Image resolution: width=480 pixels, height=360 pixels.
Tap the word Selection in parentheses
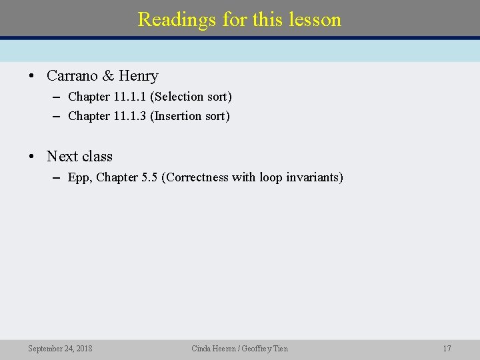click(x=177, y=97)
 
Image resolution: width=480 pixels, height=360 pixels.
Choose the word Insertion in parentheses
click(x=177, y=116)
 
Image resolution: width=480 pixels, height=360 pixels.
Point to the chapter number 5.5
click(x=149, y=177)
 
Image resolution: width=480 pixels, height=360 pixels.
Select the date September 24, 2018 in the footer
click(x=60, y=349)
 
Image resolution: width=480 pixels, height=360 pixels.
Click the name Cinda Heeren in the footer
click(x=213, y=349)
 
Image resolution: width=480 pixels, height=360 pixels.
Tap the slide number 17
click(x=447, y=349)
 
